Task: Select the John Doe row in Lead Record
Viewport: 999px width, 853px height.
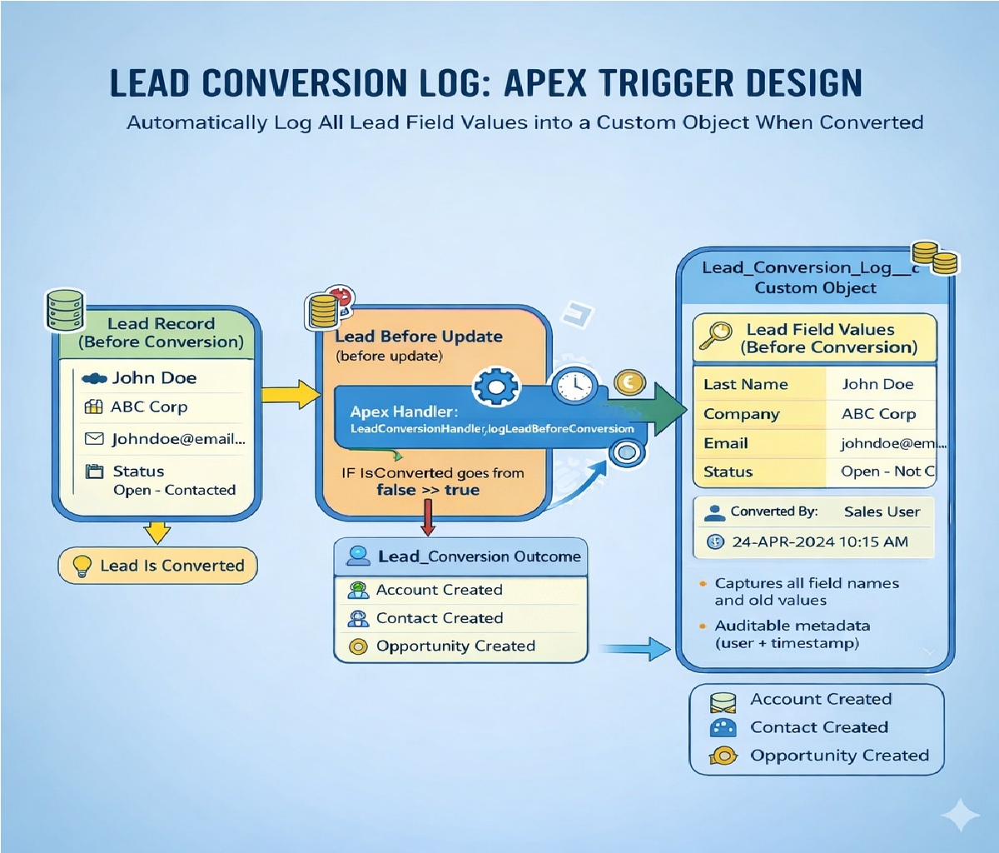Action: [x=154, y=378]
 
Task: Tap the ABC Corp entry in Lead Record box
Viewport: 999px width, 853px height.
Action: [x=149, y=407]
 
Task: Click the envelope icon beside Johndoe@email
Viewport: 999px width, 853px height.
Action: [x=94, y=438]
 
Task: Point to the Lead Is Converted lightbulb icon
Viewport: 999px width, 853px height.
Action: [x=82, y=566]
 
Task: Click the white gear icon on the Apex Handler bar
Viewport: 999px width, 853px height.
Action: [x=496, y=387]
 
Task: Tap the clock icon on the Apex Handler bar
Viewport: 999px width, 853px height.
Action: [x=574, y=385]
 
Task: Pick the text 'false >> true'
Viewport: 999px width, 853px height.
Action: [x=428, y=490]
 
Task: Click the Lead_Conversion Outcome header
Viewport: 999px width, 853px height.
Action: [x=479, y=556]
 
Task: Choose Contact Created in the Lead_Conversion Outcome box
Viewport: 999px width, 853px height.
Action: [x=439, y=618]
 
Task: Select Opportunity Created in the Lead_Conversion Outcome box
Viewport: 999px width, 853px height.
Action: [x=455, y=646]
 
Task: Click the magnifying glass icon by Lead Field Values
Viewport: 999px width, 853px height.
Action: [x=714, y=336]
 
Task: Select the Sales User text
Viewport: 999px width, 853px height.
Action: [x=882, y=512]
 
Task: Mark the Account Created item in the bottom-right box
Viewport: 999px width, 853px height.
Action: [x=820, y=700]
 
